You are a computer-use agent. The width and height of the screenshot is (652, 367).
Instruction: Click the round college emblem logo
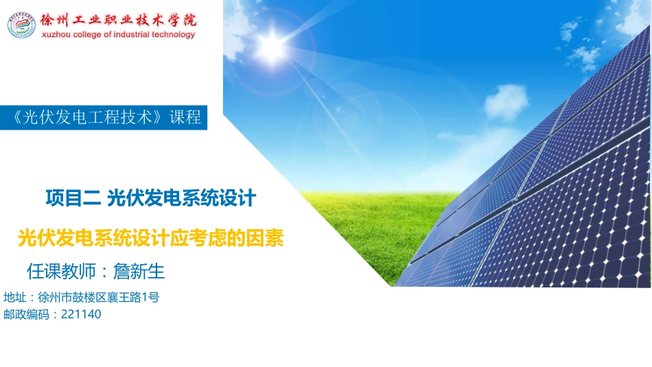[x=21, y=25]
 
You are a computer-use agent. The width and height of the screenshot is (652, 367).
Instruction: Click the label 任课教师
[x=60, y=272]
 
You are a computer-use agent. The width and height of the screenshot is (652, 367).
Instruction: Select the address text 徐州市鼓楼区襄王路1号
[x=99, y=298]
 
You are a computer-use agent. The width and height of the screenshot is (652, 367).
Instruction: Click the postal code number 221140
[x=81, y=315]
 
